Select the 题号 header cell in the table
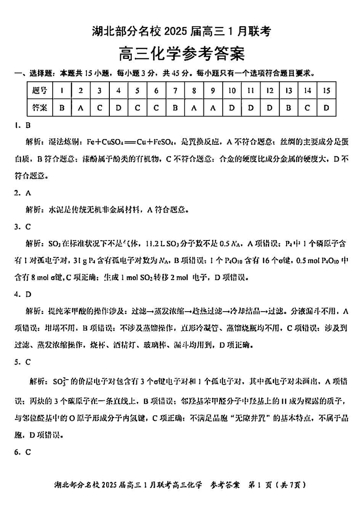tap(40, 91)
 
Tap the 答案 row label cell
tap(40, 108)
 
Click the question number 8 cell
tap(194, 91)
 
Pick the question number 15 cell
tap(326, 91)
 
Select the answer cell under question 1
tap(62, 108)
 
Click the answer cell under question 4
tap(118, 108)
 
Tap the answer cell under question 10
tap(232, 108)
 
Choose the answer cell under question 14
tap(307, 108)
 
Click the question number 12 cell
tap(270, 91)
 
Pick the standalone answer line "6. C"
tap(22, 452)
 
